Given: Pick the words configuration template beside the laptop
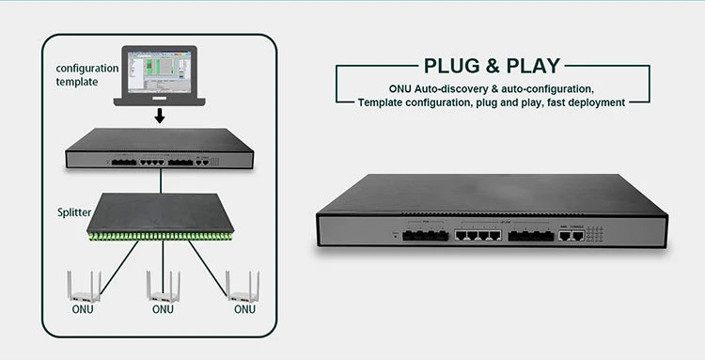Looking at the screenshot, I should coord(87,74).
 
